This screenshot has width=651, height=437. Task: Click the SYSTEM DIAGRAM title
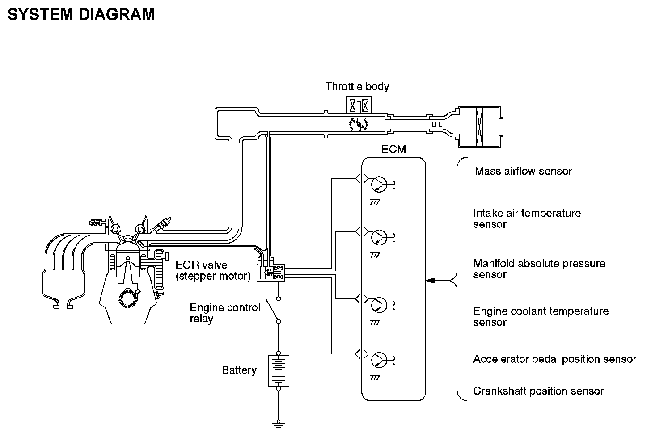point(81,15)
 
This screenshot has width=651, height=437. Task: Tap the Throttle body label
point(357,86)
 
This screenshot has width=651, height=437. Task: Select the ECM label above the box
point(393,149)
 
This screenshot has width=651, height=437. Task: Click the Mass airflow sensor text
point(523,171)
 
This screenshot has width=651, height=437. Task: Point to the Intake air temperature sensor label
point(527,218)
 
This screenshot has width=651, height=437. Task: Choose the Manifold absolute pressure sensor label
point(539,269)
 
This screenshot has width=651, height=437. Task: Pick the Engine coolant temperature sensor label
point(541,316)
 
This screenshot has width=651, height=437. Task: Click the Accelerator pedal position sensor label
point(554,359)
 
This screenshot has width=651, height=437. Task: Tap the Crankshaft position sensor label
point(538,391)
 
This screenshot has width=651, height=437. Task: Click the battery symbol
point(279,370)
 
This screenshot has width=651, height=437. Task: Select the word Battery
point(239,370)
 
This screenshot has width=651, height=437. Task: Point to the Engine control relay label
point(225,313)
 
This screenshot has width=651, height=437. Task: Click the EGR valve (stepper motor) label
point(213,270)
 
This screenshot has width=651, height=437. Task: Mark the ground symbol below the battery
point(279,424)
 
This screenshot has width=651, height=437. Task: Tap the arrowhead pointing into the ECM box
point(430,281)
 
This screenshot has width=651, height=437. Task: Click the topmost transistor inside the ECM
point(379,183)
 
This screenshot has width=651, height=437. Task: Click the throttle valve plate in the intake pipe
point(358,124)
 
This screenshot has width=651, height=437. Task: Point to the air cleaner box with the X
point(480,127)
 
